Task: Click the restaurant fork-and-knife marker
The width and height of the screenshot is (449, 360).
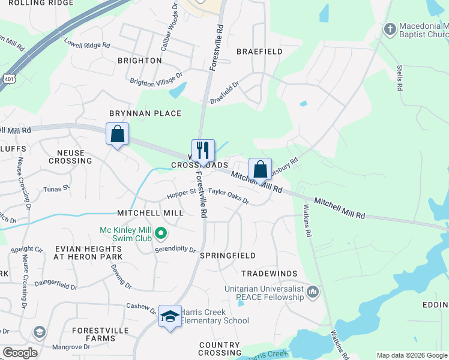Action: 203,150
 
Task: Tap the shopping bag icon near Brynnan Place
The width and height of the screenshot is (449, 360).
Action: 118,134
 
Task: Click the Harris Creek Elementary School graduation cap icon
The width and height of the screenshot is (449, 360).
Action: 170,316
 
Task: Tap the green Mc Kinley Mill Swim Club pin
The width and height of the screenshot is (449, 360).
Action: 160,232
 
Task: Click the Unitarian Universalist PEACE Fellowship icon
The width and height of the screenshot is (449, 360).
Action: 312,292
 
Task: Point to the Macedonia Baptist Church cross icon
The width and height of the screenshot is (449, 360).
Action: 390,28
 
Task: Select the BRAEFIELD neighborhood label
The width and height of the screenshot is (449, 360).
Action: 259,52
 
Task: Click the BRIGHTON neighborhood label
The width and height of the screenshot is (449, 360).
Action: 139,61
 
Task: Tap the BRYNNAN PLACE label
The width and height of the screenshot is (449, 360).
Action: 145,113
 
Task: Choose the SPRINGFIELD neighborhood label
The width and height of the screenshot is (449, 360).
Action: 228,256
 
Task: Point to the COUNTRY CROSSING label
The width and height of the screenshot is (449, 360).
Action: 219,349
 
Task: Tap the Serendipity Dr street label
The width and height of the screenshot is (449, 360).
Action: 175,250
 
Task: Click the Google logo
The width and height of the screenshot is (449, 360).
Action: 20,353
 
